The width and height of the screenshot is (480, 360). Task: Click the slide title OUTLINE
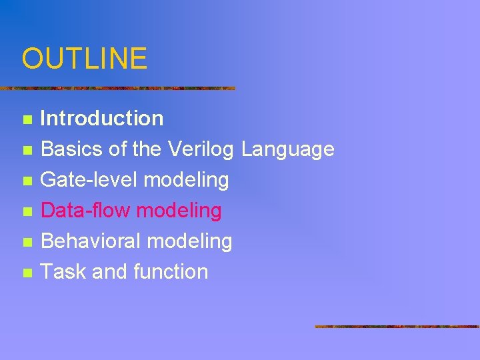(84, 58)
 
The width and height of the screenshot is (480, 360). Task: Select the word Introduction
(102, 119)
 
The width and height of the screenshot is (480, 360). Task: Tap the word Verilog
(201, 149)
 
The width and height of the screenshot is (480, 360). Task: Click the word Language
(287, 149)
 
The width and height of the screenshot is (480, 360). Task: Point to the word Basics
(72, 149)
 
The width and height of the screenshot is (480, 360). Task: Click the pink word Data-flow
(85, 211)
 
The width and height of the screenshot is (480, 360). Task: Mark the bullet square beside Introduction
(27, 120)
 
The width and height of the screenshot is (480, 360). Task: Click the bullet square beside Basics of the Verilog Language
(27, 151)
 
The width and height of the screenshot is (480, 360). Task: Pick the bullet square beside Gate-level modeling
(27, 181)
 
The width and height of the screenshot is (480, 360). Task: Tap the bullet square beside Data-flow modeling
(27, 212)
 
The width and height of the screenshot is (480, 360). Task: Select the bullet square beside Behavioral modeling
(27, 243)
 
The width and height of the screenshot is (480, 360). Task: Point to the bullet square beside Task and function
(27, 273)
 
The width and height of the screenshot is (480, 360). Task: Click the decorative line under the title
(117, 88)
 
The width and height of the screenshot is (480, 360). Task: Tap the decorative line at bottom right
(397, 327)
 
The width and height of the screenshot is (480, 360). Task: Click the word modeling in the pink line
(179, 211)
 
